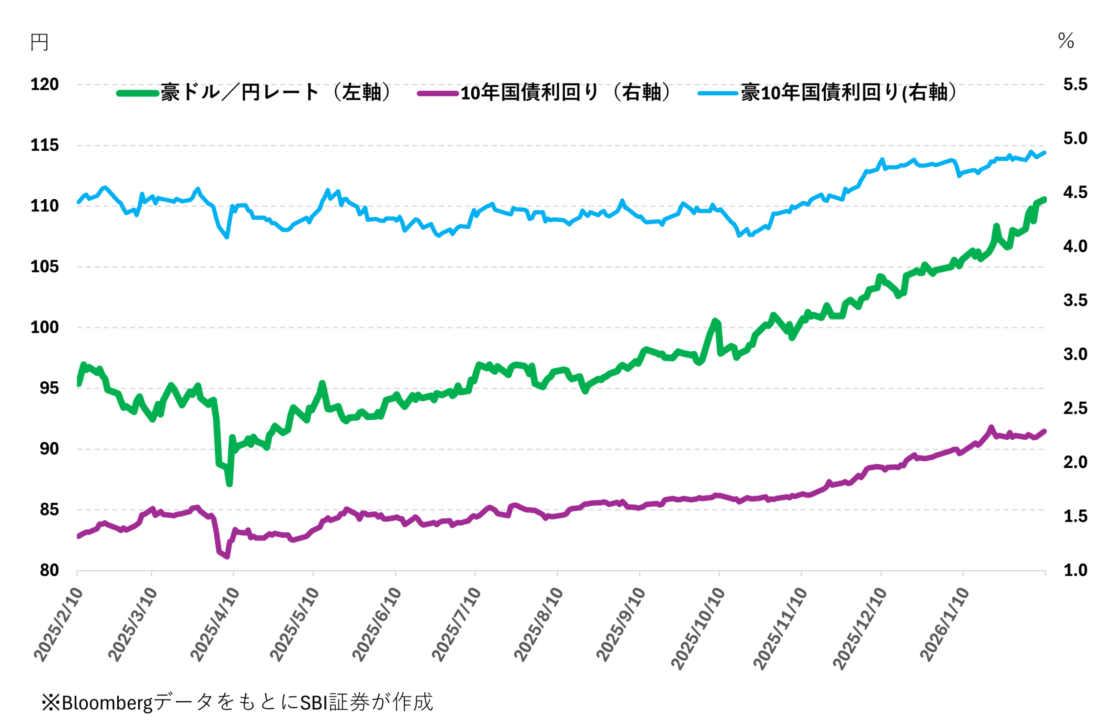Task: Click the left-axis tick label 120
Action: (45, 84)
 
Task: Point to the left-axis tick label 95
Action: (49, 388)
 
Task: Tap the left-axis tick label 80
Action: (49, 570)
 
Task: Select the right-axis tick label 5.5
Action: (1075, 84)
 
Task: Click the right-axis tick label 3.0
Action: (1075, 354)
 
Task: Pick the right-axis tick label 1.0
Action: (1075, 570)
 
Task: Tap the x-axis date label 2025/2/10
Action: (59, 624)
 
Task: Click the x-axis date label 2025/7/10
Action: (456, 624)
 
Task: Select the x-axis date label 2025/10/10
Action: (698, 629)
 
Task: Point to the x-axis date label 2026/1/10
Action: (945, 624)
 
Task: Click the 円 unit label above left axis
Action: (39, 43)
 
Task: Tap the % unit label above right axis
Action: (1066, 41)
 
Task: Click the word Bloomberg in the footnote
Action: (107, 702)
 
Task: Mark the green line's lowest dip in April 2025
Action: (229, 483)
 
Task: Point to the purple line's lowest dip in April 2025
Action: (227, 556)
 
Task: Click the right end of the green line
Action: (1045, 199)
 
